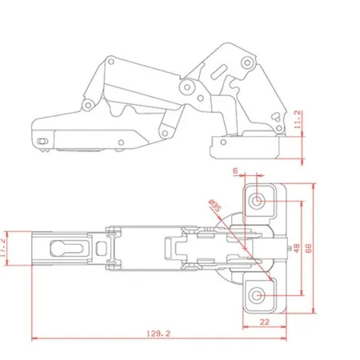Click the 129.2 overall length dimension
(x=158, y=334)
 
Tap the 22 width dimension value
(x=264, y=322)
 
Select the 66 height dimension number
(x=308, y=248)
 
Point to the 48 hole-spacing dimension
(x=297, y=248)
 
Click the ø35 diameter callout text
(x=215, y=206)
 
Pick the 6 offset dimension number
(x=235, y=171)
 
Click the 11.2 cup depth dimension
(x=298, y=119)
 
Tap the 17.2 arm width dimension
(x=2, y=248)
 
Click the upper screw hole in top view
(x=257, y=200)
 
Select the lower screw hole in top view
(x=257, y=295)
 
